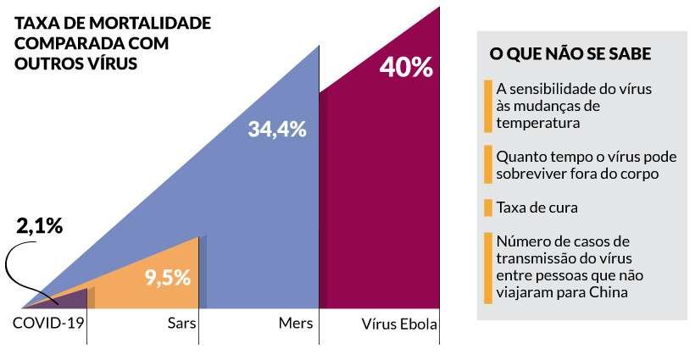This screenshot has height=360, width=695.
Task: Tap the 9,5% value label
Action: click(167, 277)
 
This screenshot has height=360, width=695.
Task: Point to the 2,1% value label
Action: click(40, 227)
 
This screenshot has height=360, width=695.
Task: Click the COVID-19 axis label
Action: click(49, 323)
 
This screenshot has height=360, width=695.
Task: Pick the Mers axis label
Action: click(295, 324)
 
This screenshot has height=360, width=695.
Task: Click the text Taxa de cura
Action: click(531, 208)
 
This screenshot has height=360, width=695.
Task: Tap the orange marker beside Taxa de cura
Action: click(487, 208)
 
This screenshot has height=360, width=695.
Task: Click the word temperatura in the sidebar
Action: click(538, 123)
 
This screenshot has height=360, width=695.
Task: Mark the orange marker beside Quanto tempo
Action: click(487, 164)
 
